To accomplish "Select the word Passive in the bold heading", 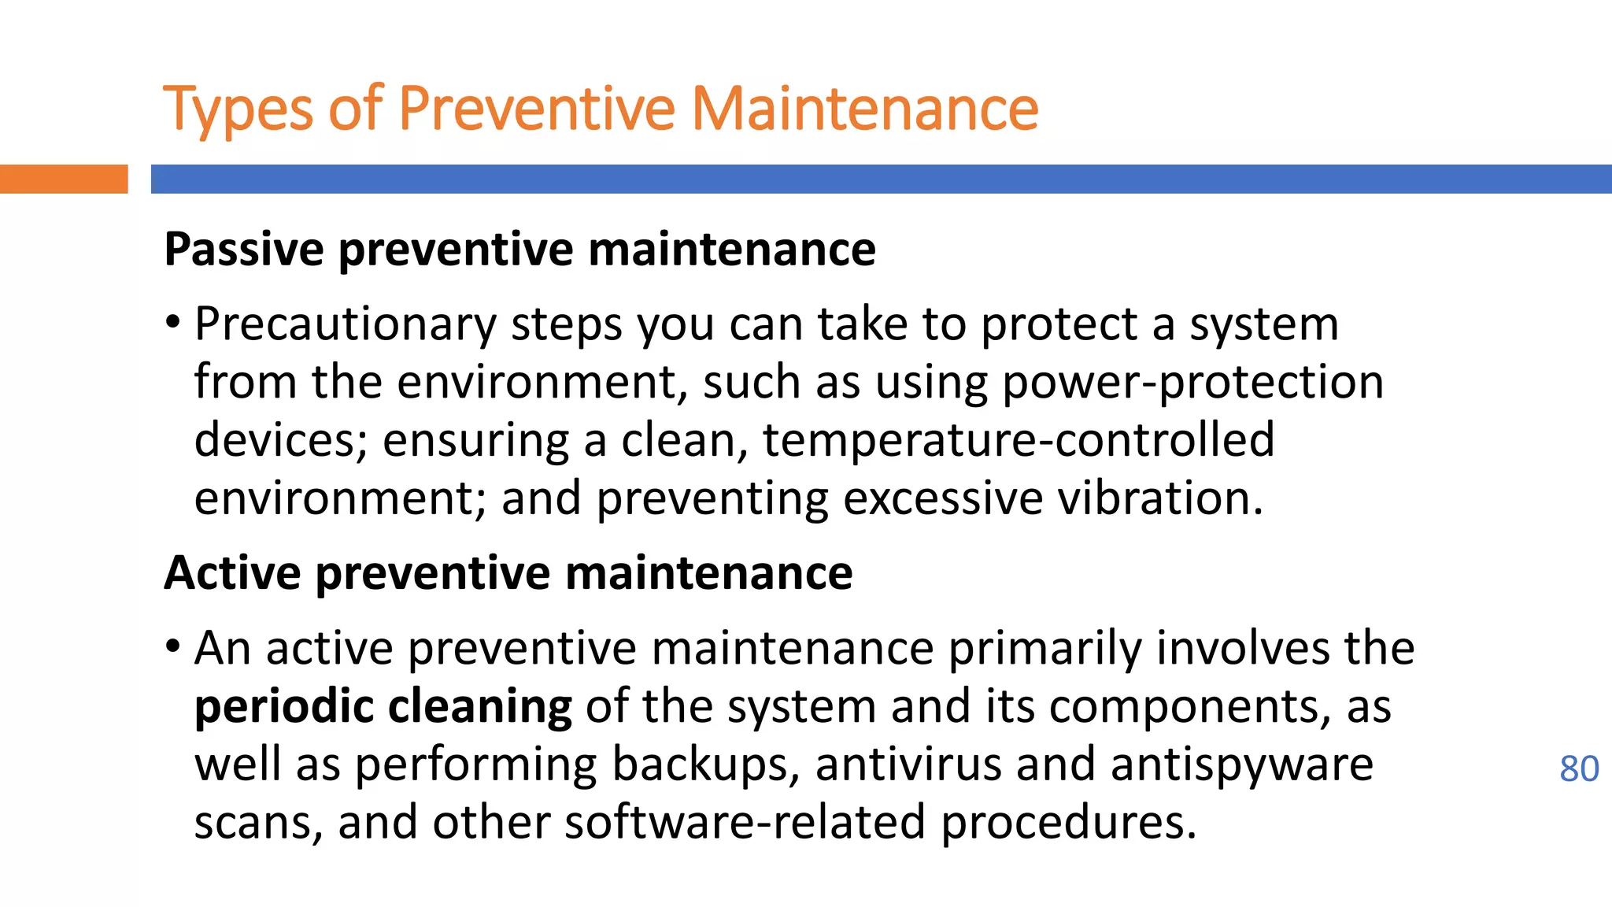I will coord(244,250).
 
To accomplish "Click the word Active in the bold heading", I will coord(232,572).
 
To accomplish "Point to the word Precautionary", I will coord(345,324).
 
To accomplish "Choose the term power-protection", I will coord(1192,383).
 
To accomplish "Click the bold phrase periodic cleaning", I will coord(383,706).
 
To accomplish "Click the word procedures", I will coord(1068,823).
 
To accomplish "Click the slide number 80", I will coord(1579,768).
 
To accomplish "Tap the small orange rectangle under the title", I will coord(63,179).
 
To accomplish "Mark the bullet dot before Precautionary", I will coord(173,323).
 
